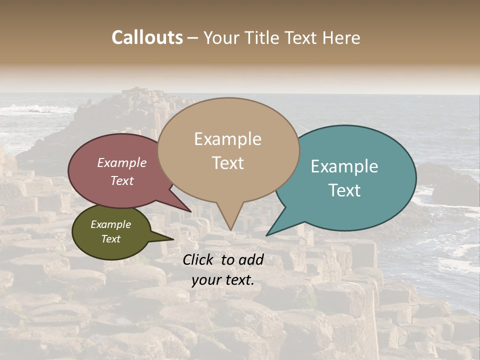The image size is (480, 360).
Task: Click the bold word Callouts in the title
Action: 147,37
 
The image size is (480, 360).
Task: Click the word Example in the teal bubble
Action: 344,166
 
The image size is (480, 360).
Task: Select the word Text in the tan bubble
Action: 228,163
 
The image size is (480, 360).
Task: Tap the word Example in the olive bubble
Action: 110,224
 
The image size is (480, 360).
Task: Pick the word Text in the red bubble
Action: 122,180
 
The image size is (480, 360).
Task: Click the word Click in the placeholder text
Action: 199,259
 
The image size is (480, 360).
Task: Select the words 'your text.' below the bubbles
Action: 223,280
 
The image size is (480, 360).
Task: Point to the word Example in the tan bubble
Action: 228,139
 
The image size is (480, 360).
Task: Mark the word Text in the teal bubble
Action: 345,190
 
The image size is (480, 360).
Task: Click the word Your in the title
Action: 219,37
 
